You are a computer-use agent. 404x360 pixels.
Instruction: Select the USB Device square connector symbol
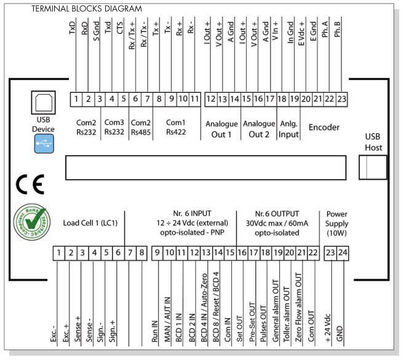pyautogui.click(x=44, y=101)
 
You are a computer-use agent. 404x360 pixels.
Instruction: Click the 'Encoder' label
pyautogui.click(x=324, y=127)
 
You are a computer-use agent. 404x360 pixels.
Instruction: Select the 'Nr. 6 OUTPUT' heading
pyautogui.click(x=279, y=213)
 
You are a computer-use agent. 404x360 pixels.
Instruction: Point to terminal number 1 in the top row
pyautogui.click(x=74, y=98)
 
